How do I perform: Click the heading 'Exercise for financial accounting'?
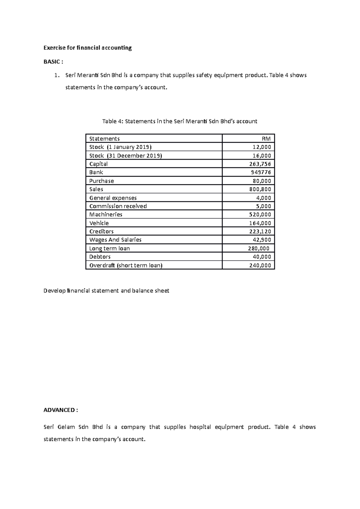pyautogui.click(x=88, y=48)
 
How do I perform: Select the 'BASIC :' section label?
pyautogui.click(x=53, y=62)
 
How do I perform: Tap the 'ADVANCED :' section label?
pyautogui.click(x=61, y=410)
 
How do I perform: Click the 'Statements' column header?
pyautogui.click(x=104, y=138)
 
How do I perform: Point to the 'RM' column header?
pyautogui.click(x=266, y=138)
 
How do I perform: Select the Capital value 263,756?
pyautogui.click(x=260, y=164)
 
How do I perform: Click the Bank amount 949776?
pyautogui.click(x=261, y=172)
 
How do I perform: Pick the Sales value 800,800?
pyautogui.click(x=260, y=189)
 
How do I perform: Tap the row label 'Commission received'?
pyautogui.click(x=118, y=206)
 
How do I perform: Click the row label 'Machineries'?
pyautogui.click(x=106, y=215)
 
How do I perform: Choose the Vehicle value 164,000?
pyautogui.click(x=260, y=223)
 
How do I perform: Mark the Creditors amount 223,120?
pyautogui.click(x=260, y=231)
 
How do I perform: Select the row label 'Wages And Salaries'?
pyautogui.click(x=115, y=240)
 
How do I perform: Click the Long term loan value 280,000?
pyautogui.click(x=259, y=248)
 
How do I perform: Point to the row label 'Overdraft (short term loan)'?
pyautogui.click(x=126, y=265)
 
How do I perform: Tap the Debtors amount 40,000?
pyautogui.click(x=262, y=257)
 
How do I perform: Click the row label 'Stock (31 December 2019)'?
pyautogui.click(x=125, y=156)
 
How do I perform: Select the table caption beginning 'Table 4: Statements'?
pyautogui.click(x=180, y=121)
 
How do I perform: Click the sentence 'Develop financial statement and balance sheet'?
pyautogui.click(x=106, y=291)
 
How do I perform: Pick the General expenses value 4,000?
pyautogui.click(x=264, y=198)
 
